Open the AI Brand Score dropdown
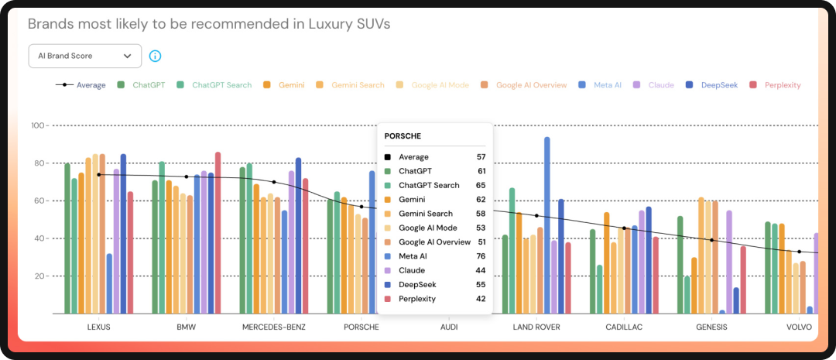[x=84, y=56]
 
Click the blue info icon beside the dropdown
[x=155, y=56]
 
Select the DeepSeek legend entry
[x=715, y=85]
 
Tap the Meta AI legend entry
[x=601, y=85]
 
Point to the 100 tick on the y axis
[x=36, y=125]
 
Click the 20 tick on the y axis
[x=36, y=276]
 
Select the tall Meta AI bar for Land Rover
[x=547, y=225]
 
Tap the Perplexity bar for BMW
[x=218, y=232]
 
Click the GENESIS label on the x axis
[x=711, y=327]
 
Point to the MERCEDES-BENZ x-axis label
[x=273, y=327]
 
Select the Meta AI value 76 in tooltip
[x=481, y=256]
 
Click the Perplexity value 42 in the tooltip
[x=481, y=299]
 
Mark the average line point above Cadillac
[x=624, y=228]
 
